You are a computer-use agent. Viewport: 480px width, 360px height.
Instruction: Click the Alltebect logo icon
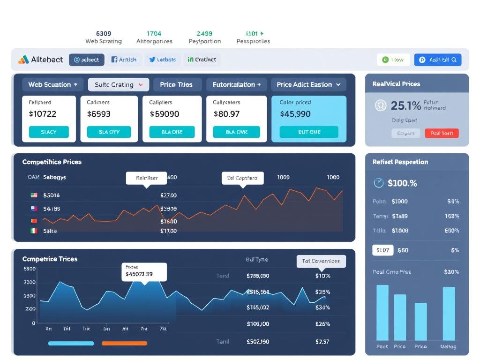tap(23, 60)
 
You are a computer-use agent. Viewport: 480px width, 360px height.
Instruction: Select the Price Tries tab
tap(176, 84)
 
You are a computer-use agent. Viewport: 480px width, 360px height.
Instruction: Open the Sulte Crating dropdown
tap(119, 84)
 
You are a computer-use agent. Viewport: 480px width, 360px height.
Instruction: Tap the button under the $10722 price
tap(49, 132)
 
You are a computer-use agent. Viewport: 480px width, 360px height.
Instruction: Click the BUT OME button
tap(309, 132)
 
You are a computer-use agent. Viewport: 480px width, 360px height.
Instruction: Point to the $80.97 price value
tap(226, 113)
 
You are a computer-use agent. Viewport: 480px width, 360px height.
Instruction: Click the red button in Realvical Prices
tap(442, 133)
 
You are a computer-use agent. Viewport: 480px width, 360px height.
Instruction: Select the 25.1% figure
tap(405, 105)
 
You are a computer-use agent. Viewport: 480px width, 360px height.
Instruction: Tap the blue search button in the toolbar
tap(438, 60)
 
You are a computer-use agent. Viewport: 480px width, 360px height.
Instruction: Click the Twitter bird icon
tap(152, 60)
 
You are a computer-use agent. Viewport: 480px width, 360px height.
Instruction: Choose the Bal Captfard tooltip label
tap(242, 178)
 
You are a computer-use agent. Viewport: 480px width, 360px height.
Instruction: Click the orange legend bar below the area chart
tap(124, 343)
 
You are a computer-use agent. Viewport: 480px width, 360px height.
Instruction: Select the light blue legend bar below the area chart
tap(71, 343)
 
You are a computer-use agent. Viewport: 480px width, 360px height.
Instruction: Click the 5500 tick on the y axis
tap(30, 269)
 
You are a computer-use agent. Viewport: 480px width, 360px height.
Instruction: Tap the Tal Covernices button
tap(321, 261)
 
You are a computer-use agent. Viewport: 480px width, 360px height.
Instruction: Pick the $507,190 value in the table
tap(258, 342)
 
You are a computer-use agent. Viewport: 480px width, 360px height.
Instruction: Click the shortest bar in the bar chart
tap(420, 322)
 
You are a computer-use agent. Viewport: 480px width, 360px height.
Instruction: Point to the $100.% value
tap(402, 183)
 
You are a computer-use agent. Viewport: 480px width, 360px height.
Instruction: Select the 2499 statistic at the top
tap(204, 34)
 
